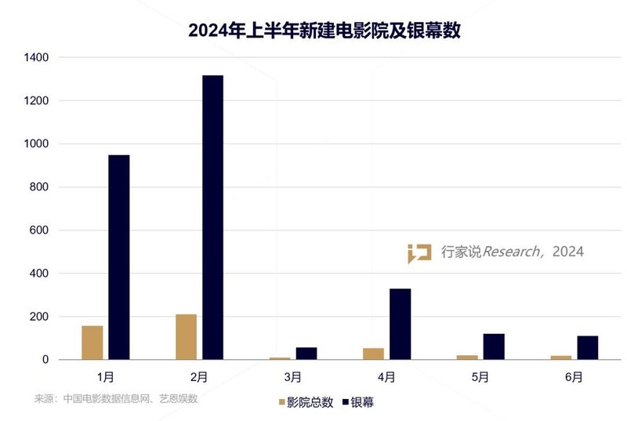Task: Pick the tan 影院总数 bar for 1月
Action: pyautogui.click(x=92, y=343)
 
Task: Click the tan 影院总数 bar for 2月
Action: pyautogui.click(x=186, y=337)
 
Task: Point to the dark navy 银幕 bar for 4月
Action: pyautogui.click(x=400, y=324)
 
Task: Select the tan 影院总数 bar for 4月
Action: pyautogui.click(x=373, y=354)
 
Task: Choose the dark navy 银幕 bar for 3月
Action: pyautogui.click(x=306, y=354)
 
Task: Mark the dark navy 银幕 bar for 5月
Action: pyautogui.click(x=494, y=347)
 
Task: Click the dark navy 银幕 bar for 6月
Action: pyautogui.click(x=587, y=347)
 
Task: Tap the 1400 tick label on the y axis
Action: pyautogui.click(x=36, y=58)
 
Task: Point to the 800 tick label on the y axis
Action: pyautogui.click(x=39, y=187)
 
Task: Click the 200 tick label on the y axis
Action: pyautogui.click(x=39, y=317)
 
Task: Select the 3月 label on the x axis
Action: pyautogui.click(x=292, y=377)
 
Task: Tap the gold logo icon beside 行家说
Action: pyautogui.click(x=419, y=253)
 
